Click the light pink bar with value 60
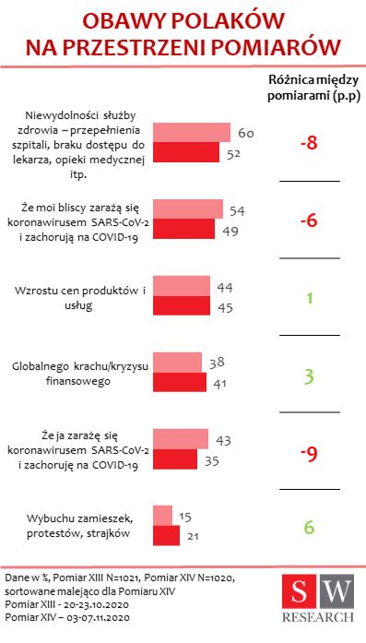tap(191, 132)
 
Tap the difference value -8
tap(309, 143)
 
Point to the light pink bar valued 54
tap(187, 208)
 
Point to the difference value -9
tap(309, 452)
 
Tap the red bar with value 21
tap(165, 535)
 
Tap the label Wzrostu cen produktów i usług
tap(81, 298)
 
